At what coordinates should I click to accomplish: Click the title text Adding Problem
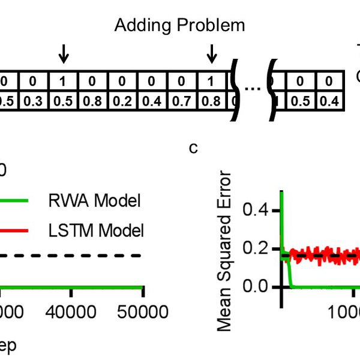point(179,25)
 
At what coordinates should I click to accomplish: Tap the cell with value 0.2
point(122,100)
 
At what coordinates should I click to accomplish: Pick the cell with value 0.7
point(181,100)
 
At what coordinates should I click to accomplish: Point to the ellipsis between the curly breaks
point(253,90)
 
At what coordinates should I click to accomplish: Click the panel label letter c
point(193,148)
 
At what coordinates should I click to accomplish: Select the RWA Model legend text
point(94,201)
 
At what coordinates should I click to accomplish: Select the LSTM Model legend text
point(96,229)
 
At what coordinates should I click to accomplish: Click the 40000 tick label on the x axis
point(71,313)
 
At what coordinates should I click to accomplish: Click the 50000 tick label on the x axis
point(142,313)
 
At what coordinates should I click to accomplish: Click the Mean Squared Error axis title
point(224,251)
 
